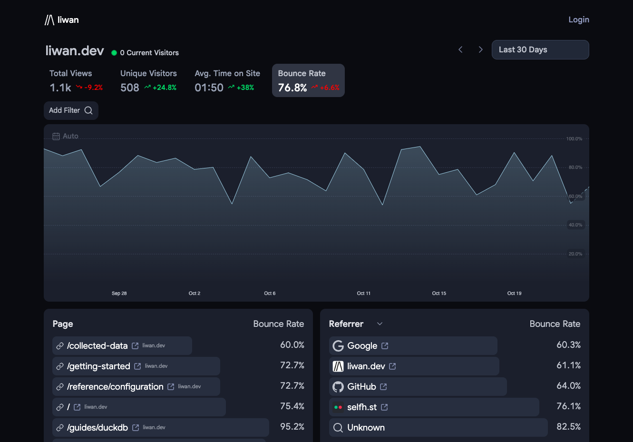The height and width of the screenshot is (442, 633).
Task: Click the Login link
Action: click(x=579, y=20)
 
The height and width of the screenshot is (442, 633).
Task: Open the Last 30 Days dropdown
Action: click(x=540, y=50)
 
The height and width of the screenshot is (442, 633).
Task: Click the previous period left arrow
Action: click(x=460, y=50)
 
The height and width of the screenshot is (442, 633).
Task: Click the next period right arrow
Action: click(x=480, y=50)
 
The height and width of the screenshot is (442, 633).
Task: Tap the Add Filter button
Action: click(x=71, y=110)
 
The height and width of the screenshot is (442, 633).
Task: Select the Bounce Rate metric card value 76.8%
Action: click(x=292, y=88)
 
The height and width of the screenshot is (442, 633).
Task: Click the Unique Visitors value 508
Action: click(x=130, y=88)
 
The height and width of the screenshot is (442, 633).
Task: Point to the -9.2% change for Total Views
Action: click(x=94, y=88)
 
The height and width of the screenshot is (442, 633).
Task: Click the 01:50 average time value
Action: click(x=209, y=88)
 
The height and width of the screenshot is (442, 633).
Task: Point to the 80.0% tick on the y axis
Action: click(x=575, y=167)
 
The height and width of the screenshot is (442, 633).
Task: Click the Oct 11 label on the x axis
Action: click(x=363, y=293)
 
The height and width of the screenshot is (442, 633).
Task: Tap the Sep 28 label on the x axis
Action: click(x=119, y=293)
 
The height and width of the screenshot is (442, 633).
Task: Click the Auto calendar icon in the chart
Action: click(x=56, y=136)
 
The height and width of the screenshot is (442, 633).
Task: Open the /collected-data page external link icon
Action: click(x=135, y=345)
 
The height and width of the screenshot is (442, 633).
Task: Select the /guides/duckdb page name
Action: click(x=97, y=427)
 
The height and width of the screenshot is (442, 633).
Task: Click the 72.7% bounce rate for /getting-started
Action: click(x=292, y=365)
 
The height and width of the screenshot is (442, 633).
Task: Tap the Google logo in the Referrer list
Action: click(x=338, y=345)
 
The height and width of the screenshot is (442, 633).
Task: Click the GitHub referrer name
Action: click(x=361, y=387)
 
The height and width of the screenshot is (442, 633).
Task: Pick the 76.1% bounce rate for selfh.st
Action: click(x=568, y=406)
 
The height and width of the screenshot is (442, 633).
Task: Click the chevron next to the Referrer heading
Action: click(x=380, y=324)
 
